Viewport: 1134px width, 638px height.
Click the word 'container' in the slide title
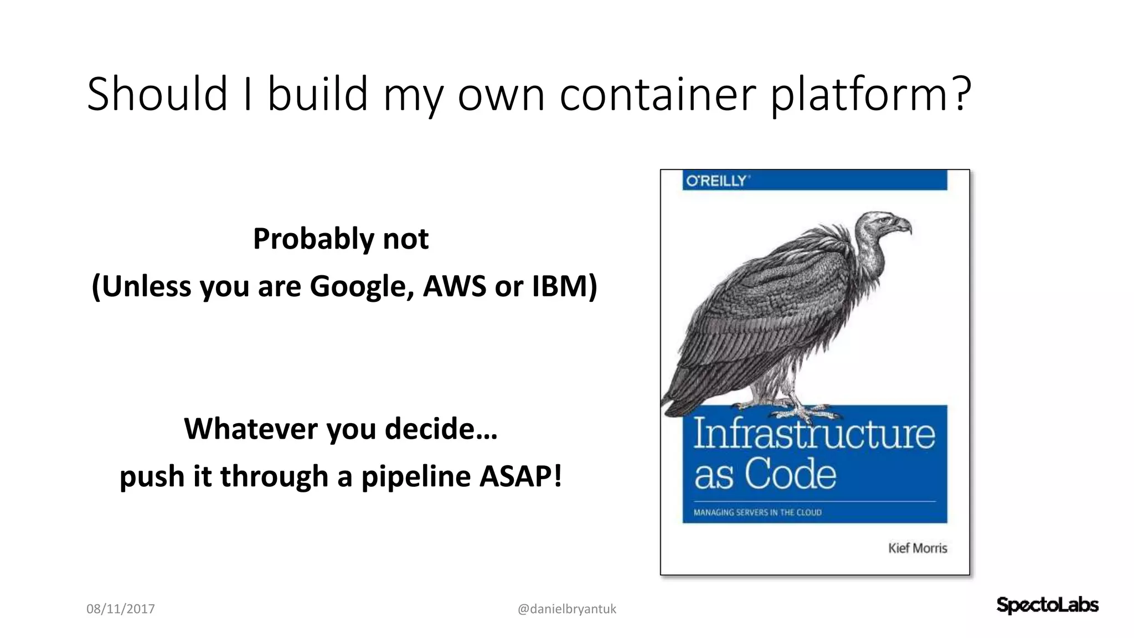point(658,94)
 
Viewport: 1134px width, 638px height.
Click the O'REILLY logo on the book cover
point(717,181)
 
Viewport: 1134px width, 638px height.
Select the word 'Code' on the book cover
point(790,475)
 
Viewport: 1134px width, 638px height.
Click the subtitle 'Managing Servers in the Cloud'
point(757,512)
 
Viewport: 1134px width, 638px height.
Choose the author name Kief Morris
point(917,548)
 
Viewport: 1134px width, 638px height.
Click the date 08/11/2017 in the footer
point(121,609)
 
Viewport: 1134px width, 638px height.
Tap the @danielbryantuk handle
point(566,609)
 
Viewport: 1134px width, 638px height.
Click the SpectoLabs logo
point(1047,605)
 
